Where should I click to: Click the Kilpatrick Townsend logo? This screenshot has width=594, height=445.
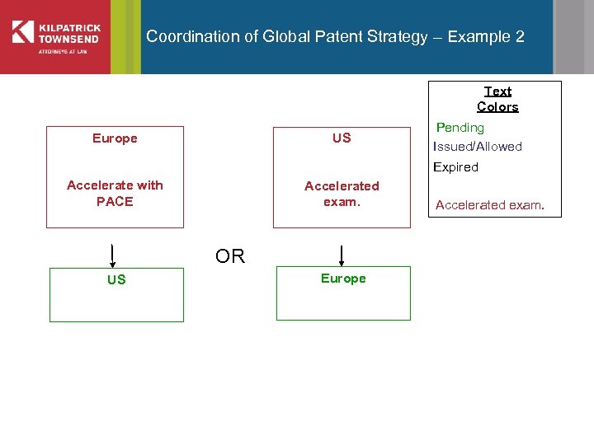(x=56, y=36)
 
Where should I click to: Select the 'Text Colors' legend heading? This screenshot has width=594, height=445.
(x=497, y=99)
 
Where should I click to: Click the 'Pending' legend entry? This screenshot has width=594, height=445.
(x=460, y=128)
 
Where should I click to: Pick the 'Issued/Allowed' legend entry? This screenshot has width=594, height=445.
(x=478, y=147)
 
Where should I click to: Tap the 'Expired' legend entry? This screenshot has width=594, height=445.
(x=455, y=167)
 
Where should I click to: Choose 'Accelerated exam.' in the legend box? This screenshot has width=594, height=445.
(x=490, y=205)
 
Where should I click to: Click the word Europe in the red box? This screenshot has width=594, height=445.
(x=115, y=138)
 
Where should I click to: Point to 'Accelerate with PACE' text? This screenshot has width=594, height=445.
(x=115, y=193)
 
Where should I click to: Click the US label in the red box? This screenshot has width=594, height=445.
(x=342, y=138)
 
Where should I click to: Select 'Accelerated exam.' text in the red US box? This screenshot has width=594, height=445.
(x=342, y=194)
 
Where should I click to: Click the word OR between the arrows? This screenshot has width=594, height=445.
(x=230, y=256)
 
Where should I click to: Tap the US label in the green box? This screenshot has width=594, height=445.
(x=116, y=280)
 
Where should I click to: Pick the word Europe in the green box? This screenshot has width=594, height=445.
(x=343, y=279)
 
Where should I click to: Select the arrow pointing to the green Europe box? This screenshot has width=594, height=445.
(x=342, y=254)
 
